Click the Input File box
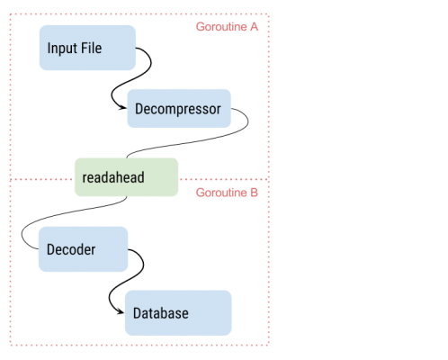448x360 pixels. [87, 48]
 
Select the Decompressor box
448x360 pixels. [179, 108]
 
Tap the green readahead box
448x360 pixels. [126, 177]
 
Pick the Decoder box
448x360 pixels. [84, 249]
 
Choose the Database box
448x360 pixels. [178, 313]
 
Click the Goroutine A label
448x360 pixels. [227, 27]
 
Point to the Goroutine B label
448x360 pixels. [227, 193]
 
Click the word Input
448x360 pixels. [62, 49]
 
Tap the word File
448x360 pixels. [92, 48]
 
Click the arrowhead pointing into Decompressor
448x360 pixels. [123, 108]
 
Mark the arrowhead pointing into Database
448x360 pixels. [121, 312]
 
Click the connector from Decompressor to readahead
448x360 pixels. [192, 141]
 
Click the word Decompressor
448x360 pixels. [178, 109]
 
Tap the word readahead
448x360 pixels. [113, 177]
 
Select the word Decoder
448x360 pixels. [71, 249]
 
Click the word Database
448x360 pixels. [161, 313]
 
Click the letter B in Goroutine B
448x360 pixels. [254, 193]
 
